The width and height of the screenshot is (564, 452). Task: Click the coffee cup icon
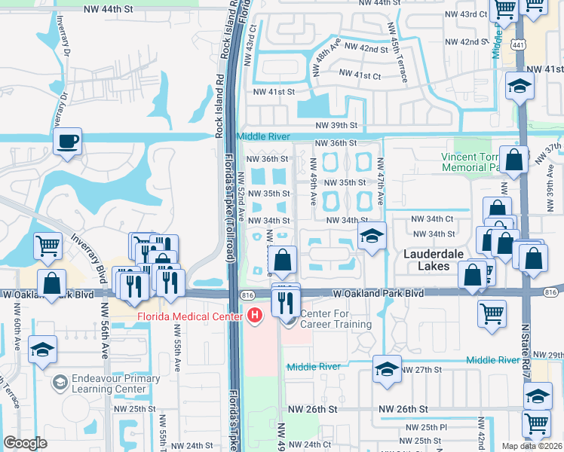[x=67, y=141]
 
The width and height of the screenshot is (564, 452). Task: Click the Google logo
[x=26, y=443]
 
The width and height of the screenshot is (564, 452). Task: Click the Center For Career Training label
[x=336, y=319]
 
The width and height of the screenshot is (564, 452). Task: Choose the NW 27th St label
[x=419, y=370]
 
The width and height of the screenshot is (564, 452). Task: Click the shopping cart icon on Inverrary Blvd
[x=48, y=245]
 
